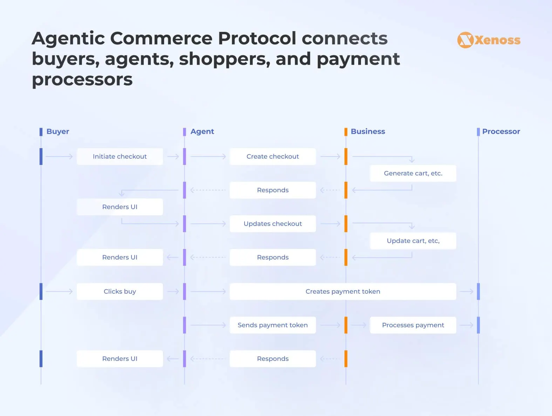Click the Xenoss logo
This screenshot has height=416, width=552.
[489, 40]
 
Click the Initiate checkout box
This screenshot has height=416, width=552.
[120, 157]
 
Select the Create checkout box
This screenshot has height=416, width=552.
[273, 157]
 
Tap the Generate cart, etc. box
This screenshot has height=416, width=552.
[413, 173]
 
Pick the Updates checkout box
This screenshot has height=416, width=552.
[273, 223]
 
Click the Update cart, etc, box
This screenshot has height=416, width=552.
[413, 241]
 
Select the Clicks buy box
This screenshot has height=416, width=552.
[120, 291]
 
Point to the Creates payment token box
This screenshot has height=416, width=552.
[343, 291]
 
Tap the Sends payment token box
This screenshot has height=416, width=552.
[273, 325]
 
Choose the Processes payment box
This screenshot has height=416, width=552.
[413, 325]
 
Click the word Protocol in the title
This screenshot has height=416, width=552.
[257, 38]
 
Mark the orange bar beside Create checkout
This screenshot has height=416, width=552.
[346, 157]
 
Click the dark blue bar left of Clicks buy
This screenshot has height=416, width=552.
[41, 291]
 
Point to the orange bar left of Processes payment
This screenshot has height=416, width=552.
[346, 325]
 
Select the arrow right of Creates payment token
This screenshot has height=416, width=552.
[466, 291]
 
